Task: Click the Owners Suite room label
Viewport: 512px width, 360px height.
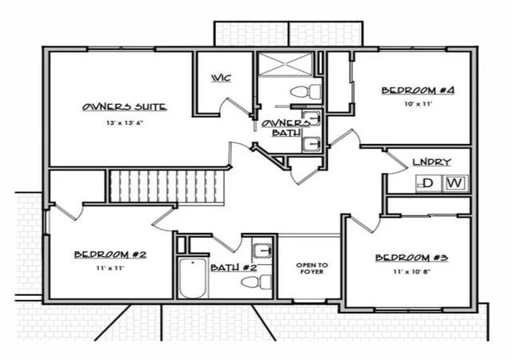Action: tap(125, 107)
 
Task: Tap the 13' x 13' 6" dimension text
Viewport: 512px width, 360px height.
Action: tap(125, 123)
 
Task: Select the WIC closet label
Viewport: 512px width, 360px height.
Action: tap(222, 78)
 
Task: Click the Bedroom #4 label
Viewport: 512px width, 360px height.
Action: tap(418, 90)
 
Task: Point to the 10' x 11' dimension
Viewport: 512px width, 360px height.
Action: tap(418, 104)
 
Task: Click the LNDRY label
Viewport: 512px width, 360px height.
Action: tap(432, 162)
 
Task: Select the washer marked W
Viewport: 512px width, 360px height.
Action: tap(455, 183)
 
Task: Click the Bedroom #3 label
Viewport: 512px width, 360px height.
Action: tap(411, 258)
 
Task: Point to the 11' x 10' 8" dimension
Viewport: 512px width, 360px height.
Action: tap(411, 271)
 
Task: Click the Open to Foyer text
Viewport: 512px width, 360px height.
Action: tap(310, 269)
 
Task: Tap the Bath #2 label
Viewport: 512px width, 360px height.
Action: tap(234, 268)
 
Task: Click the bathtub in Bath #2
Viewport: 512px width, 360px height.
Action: tap(193, 278)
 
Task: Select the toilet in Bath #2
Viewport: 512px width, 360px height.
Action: tap(257, 282)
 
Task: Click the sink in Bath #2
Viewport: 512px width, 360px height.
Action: tap(262, 251)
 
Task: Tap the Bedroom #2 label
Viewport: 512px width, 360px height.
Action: tap(110, 254)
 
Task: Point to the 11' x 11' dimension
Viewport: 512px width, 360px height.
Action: tap(110, 268)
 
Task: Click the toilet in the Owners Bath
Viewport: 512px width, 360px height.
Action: tap(306, 91)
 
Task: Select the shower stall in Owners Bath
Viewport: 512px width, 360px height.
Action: tap(285, 64)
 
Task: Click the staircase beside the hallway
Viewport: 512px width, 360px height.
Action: tap(167, 187)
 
